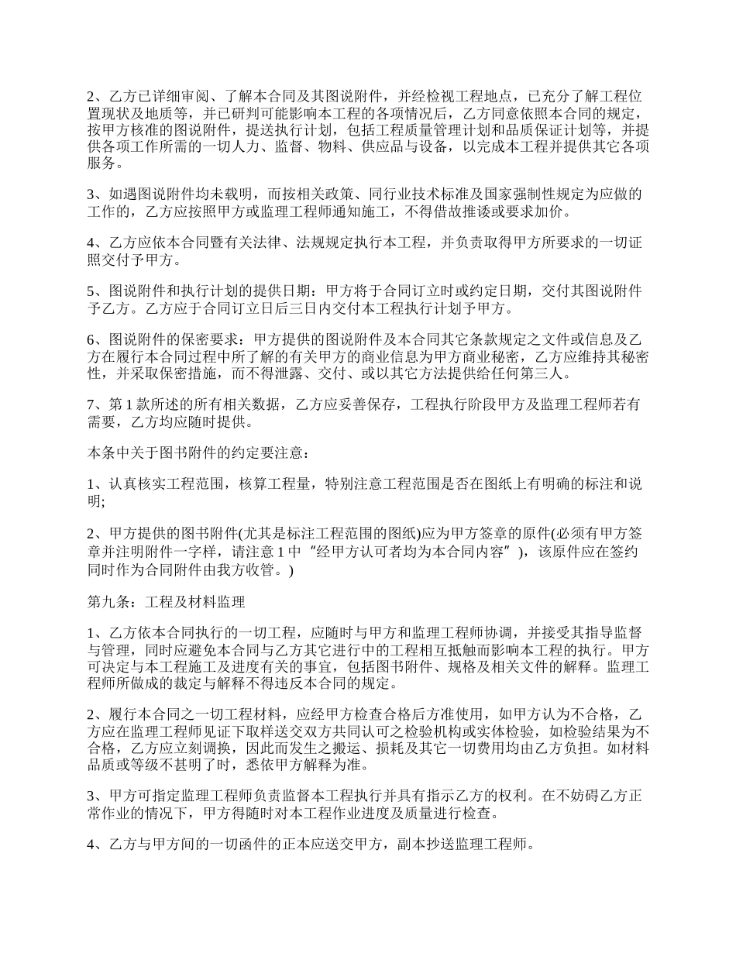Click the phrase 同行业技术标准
pos(403,194)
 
